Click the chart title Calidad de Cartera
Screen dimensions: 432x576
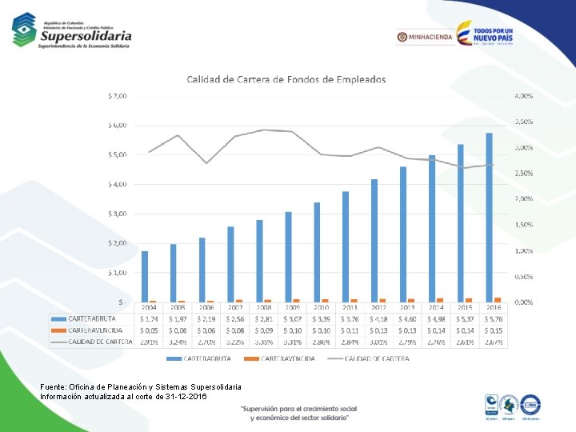[x=286, y=79]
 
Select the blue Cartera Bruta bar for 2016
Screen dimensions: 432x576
[x=489, y=217]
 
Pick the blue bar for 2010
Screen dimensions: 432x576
[x=317, y=252]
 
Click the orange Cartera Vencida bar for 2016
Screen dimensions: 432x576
[x=498, y=299]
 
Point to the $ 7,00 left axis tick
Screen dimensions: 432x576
[x=117, y=96]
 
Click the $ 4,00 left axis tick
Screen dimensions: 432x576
[x=117, y=184]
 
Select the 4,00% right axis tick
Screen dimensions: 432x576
[x=523, y=96]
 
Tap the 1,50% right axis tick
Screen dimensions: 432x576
[x=523, y=225]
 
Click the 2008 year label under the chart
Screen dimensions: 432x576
[x=264, y=307]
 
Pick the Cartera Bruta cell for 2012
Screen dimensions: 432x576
[x=378, y=319]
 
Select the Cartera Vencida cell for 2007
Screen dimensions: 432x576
[x=235, y=330]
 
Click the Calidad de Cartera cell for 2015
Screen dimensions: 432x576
[x=465, y=342]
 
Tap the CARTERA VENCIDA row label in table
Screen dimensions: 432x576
[x=95, y=330]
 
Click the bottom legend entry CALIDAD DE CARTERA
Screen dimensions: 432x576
[x=376, y=358]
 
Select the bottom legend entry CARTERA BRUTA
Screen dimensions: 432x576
[x=199, y=358]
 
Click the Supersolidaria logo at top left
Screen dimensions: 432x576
[x=72, y=31]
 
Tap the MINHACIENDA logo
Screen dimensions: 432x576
[x=424, y=37]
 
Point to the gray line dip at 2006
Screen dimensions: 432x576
[x=206, y=163]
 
